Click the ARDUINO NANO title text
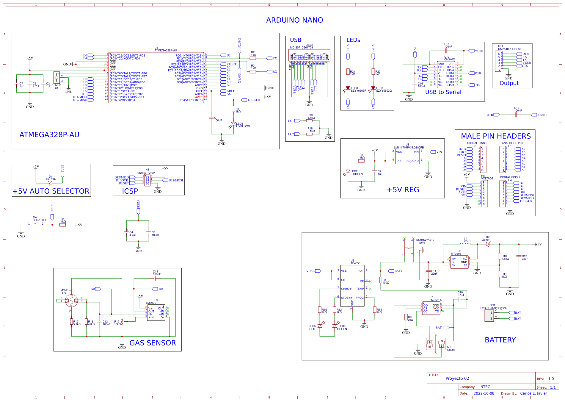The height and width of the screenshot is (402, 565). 294,20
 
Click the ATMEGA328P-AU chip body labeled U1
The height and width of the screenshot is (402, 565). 156,78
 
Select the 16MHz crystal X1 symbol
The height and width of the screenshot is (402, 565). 56,78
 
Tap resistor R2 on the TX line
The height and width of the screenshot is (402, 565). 253,58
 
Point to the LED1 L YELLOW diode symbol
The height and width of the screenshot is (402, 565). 233,124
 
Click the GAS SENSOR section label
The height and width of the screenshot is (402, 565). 153,343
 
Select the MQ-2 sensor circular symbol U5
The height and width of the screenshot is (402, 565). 71,301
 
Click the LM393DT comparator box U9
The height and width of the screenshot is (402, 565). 156,313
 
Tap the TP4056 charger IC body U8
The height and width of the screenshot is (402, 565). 352,286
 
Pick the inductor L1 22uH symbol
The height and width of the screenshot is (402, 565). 465,244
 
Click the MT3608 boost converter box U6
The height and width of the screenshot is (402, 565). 459,262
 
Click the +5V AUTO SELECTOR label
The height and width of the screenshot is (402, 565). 51,191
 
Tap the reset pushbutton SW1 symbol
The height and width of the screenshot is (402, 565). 36,224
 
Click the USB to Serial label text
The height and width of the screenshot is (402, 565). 443,92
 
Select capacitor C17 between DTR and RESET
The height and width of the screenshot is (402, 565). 516,115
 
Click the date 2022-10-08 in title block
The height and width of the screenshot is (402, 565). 484,393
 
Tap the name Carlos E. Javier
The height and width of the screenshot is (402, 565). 533,393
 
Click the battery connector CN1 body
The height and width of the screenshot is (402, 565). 489,315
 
